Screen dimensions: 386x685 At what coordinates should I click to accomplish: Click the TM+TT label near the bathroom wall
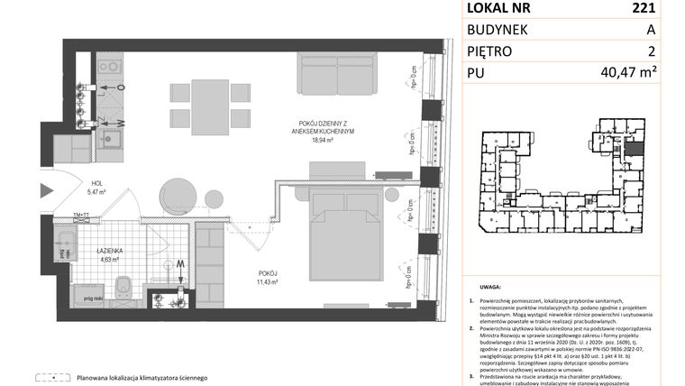pos(82,214)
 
